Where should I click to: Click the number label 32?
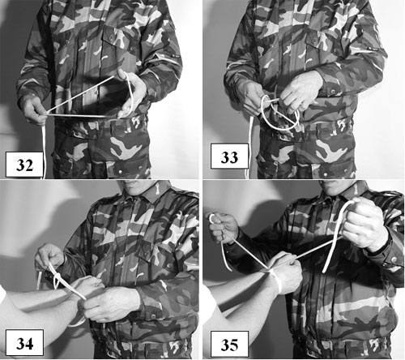pyautogui.click(x=24, y=165)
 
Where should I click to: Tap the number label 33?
pyautogui.click(x=229, y=156)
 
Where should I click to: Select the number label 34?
pyautogui.click(x=24, y=342)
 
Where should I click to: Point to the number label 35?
pyautogui.click(x=229, y=344)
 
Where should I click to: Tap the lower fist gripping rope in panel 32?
pyautogui.click(x=35, y=110)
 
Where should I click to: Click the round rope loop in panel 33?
pyautogui.click(x=279, y=114)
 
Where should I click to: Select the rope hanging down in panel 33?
pyautogui.click(x=249, y=146)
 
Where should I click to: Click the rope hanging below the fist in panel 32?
pyautogui.click(x=43, y=152)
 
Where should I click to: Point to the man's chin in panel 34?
pyautogui.click(x=136, y=191)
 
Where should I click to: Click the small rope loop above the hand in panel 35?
pyautogui.click(x=212, y=218)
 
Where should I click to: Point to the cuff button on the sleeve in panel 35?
pyautogui.click(x=394, y=259)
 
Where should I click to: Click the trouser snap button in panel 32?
pyautogui.click(x=119, y=172)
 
